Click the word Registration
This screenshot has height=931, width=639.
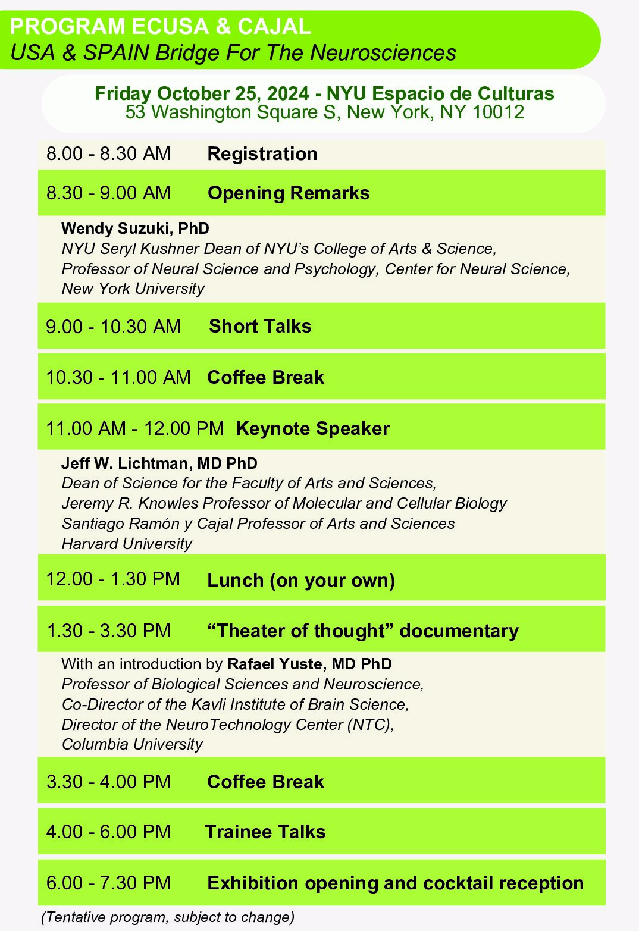[x=262, y=154]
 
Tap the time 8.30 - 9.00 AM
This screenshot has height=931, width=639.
[x=108, y=193]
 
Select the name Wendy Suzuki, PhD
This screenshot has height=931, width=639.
[x=135, y=228]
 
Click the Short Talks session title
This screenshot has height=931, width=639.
[x=260, y=326]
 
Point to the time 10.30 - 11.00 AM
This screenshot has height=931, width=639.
[x=118, y=377]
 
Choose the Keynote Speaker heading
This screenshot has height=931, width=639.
[x=312, y=428]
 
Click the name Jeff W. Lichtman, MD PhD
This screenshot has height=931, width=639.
[x=159, y=463]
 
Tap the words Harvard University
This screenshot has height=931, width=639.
[x=127, y=544]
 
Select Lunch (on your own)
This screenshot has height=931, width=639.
[x=301, y=580]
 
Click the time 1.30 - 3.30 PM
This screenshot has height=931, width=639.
[x=108, y=631]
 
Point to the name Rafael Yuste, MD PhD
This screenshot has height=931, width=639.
[x=309, y=664]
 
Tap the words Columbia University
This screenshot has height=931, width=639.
[x=132, y=744]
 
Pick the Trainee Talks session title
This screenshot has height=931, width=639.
[x=265, y=832]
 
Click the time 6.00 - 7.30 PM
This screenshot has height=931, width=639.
[x=108, y=883]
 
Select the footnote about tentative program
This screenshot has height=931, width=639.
[x=168, y=917]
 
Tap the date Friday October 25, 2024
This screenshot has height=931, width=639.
[x=202, y=94]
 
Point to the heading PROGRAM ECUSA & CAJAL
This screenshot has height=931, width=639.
[x=160, y=26]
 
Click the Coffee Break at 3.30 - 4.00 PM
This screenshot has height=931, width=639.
[x=265, y=782]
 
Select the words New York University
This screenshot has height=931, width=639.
[x=133, y=289]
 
